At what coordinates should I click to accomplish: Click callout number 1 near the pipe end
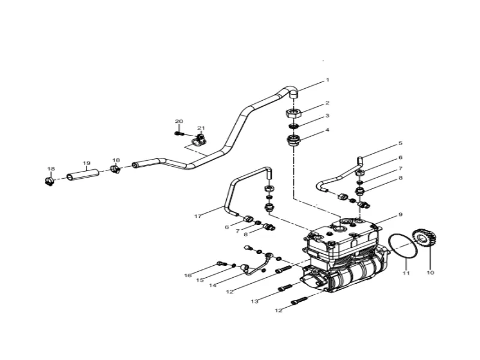pyautogui.click(x=328, y=80)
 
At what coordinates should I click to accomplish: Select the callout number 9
pyautogui.click(x=400, y=215)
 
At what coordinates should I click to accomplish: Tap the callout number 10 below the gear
pyautogui.click(x=430, y=272)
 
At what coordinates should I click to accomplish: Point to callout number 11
pyautogui.click(x=406, y=273)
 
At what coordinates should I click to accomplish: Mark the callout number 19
pyautogui.click(x=86, y=163)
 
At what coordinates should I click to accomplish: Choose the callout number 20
pyautogui.click(x=178, y=122)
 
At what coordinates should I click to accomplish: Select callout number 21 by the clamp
pyautogui.click(x=201, y=128)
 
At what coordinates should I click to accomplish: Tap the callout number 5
pyautogui.click(x=400, y=143)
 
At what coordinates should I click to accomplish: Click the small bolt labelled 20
pyautogui.click(x=178, y=133)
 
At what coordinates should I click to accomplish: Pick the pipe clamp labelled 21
pyautogui.click(x=196, y=142)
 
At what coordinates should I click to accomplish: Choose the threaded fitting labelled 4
pyautogui.click(x=293, y=141)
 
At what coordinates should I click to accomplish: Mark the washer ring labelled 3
pyautogui.click(x=293, y=127)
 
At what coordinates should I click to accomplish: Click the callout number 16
pyautogui.click(x=187, y=275)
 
